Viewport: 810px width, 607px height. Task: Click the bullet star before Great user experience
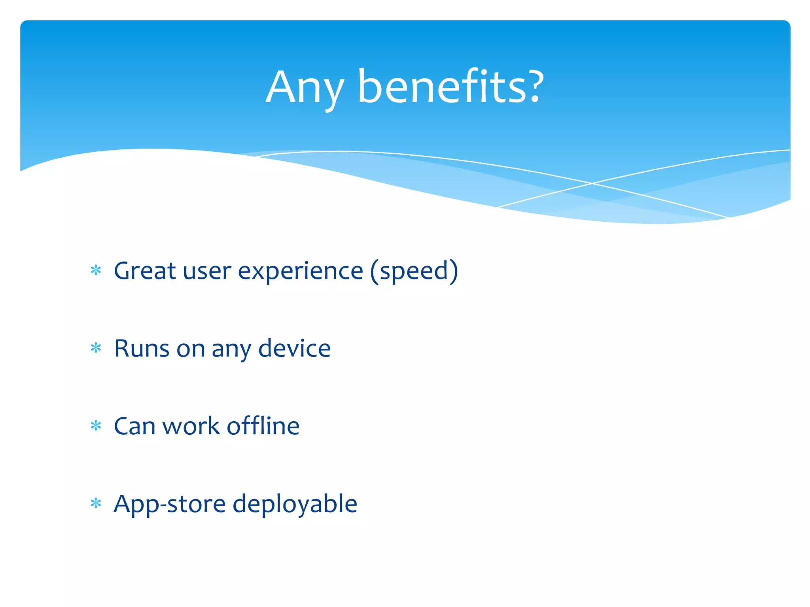(x=96, y=271)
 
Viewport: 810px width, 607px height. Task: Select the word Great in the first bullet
(x=145, y=271)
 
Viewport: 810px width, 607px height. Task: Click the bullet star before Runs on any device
(x=96, y=349)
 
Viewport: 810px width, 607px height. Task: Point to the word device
(x=294, y=349)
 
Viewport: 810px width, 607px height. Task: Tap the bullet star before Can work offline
(x=96, y=426)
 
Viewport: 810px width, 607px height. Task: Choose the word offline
(x=263, y=426)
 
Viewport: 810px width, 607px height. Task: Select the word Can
(x=134, y=426)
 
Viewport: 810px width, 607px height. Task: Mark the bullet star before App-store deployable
(x=96, y=504)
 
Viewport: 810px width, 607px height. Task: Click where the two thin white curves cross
(x=592, y=183)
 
